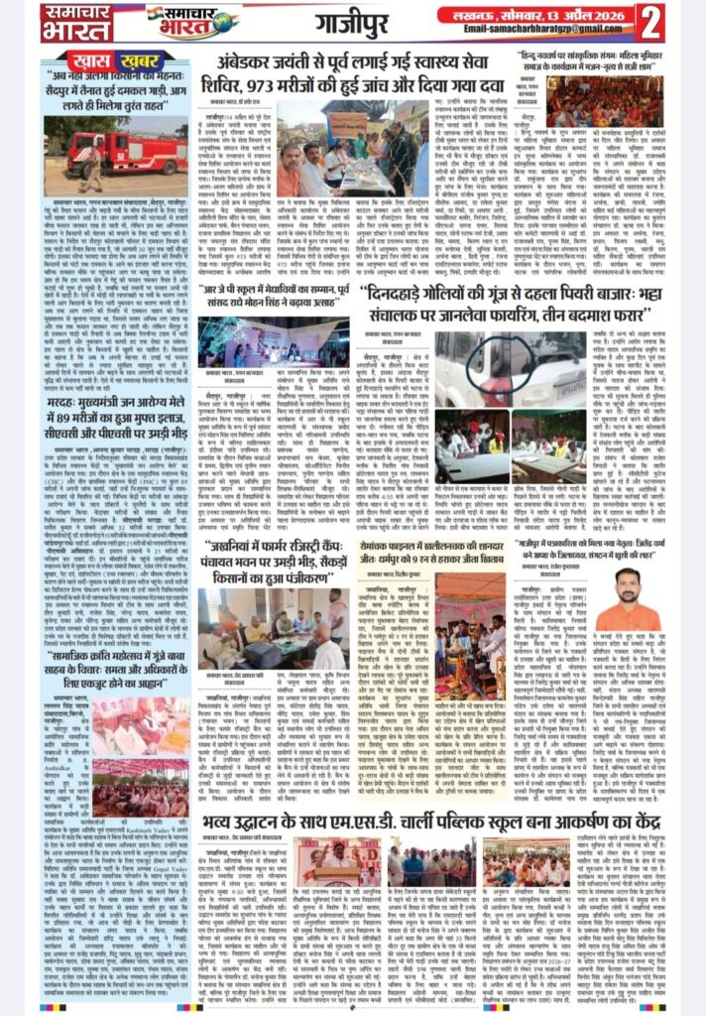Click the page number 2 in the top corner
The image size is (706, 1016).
(679, 21)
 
